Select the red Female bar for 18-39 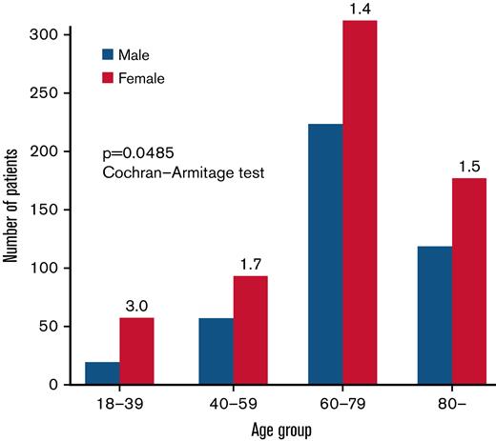click(x=136, y=351)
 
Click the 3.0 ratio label click(x=136, y=307)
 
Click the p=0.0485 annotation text click(x=137, y=152)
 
